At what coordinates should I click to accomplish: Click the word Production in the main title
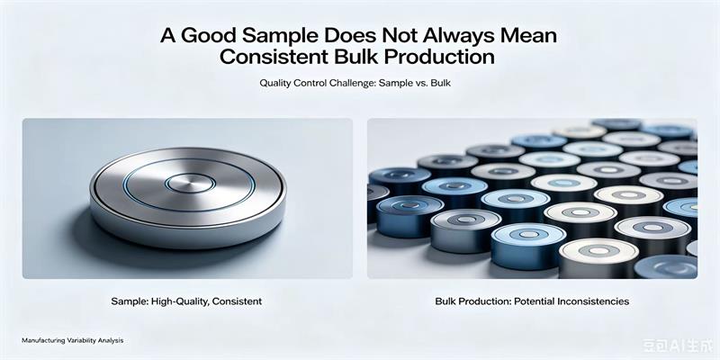click(441, 57)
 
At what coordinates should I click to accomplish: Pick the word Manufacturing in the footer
click(38, 341)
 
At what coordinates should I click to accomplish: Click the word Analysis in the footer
click(112, 341)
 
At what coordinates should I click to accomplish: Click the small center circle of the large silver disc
click(190, 184)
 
